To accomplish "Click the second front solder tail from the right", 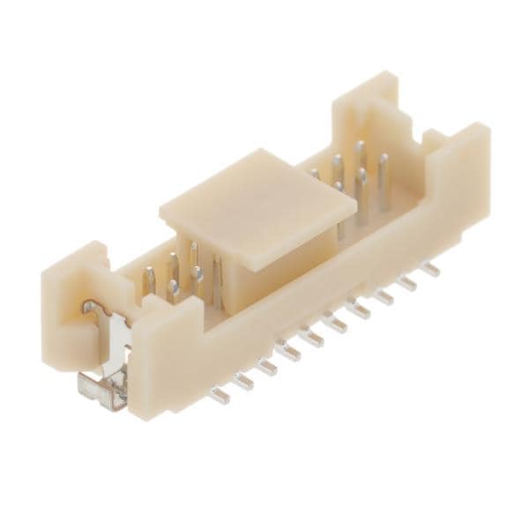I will tap(407, 281).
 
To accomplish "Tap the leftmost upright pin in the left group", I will tap(150, 280).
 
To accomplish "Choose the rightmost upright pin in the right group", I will tap(384, 181).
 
